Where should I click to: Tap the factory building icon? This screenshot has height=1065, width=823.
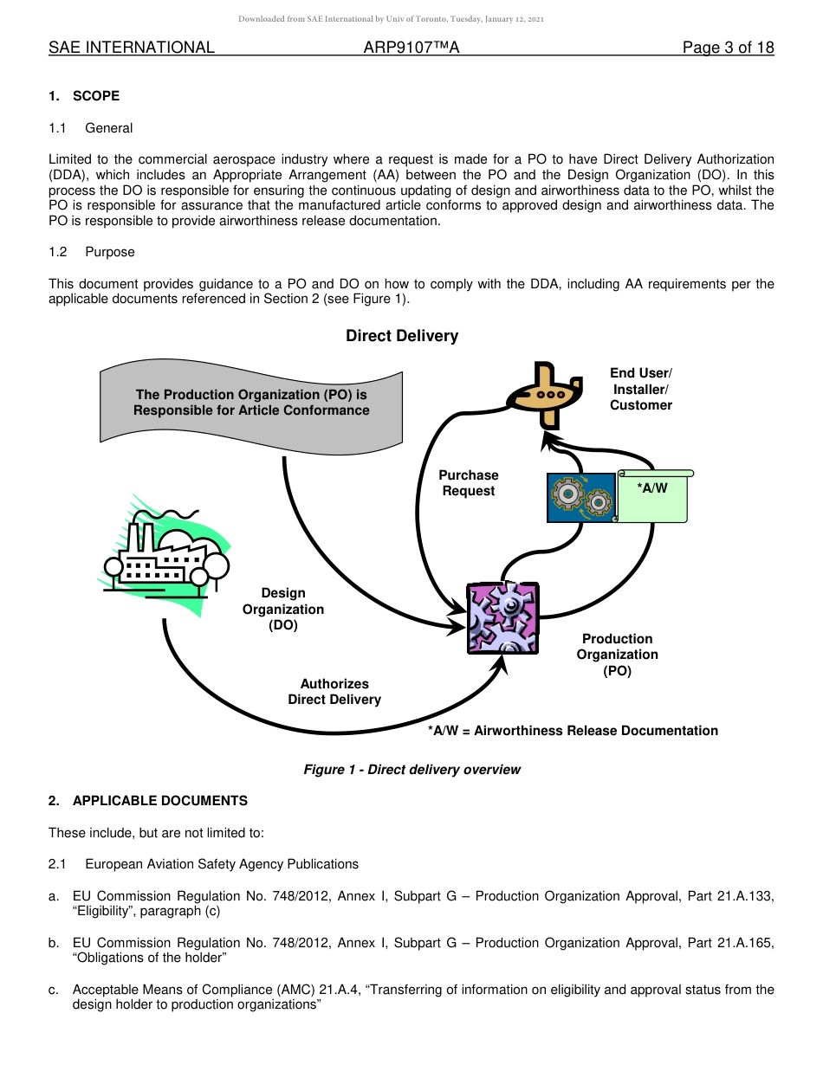pyautogui.click(x=165, y=554)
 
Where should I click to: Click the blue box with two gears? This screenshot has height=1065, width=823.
pyautogui.click(x=580, y=498)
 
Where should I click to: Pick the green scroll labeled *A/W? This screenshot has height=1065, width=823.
pyautogui.click(x=653, y=496)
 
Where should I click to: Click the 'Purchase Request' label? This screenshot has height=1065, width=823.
pyautogui.click(x=469, y=483)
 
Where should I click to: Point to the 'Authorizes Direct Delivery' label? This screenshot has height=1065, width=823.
pyautogui.click(x=334, y=692)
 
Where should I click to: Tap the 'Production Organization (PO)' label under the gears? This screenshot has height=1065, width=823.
pyautogui.click(x=617, y=655)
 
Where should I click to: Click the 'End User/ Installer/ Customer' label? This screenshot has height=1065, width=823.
pyautogui.click(x=640, y=389)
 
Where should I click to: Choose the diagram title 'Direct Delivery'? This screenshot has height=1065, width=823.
pyautogui.click(x=402, y=336)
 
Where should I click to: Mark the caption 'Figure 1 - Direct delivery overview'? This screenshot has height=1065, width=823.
pyautogui.click(x=411, y=770)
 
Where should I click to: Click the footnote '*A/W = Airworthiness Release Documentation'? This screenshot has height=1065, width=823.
pyautogui.click(x=573, y=731)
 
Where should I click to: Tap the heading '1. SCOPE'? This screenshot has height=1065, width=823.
pyautogui.click(x=84, y=96)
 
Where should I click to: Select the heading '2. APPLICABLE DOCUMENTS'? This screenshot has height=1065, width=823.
pyautogui.click(x=148, y=801)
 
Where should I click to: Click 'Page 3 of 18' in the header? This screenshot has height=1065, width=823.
pyautogui.click(x=728, y=48)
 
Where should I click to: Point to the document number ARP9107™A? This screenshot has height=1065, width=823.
pyautogui.click(x=411, y=48)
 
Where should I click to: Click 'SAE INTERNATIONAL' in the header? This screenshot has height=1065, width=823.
pyautogui.click(x=132, y=48)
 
